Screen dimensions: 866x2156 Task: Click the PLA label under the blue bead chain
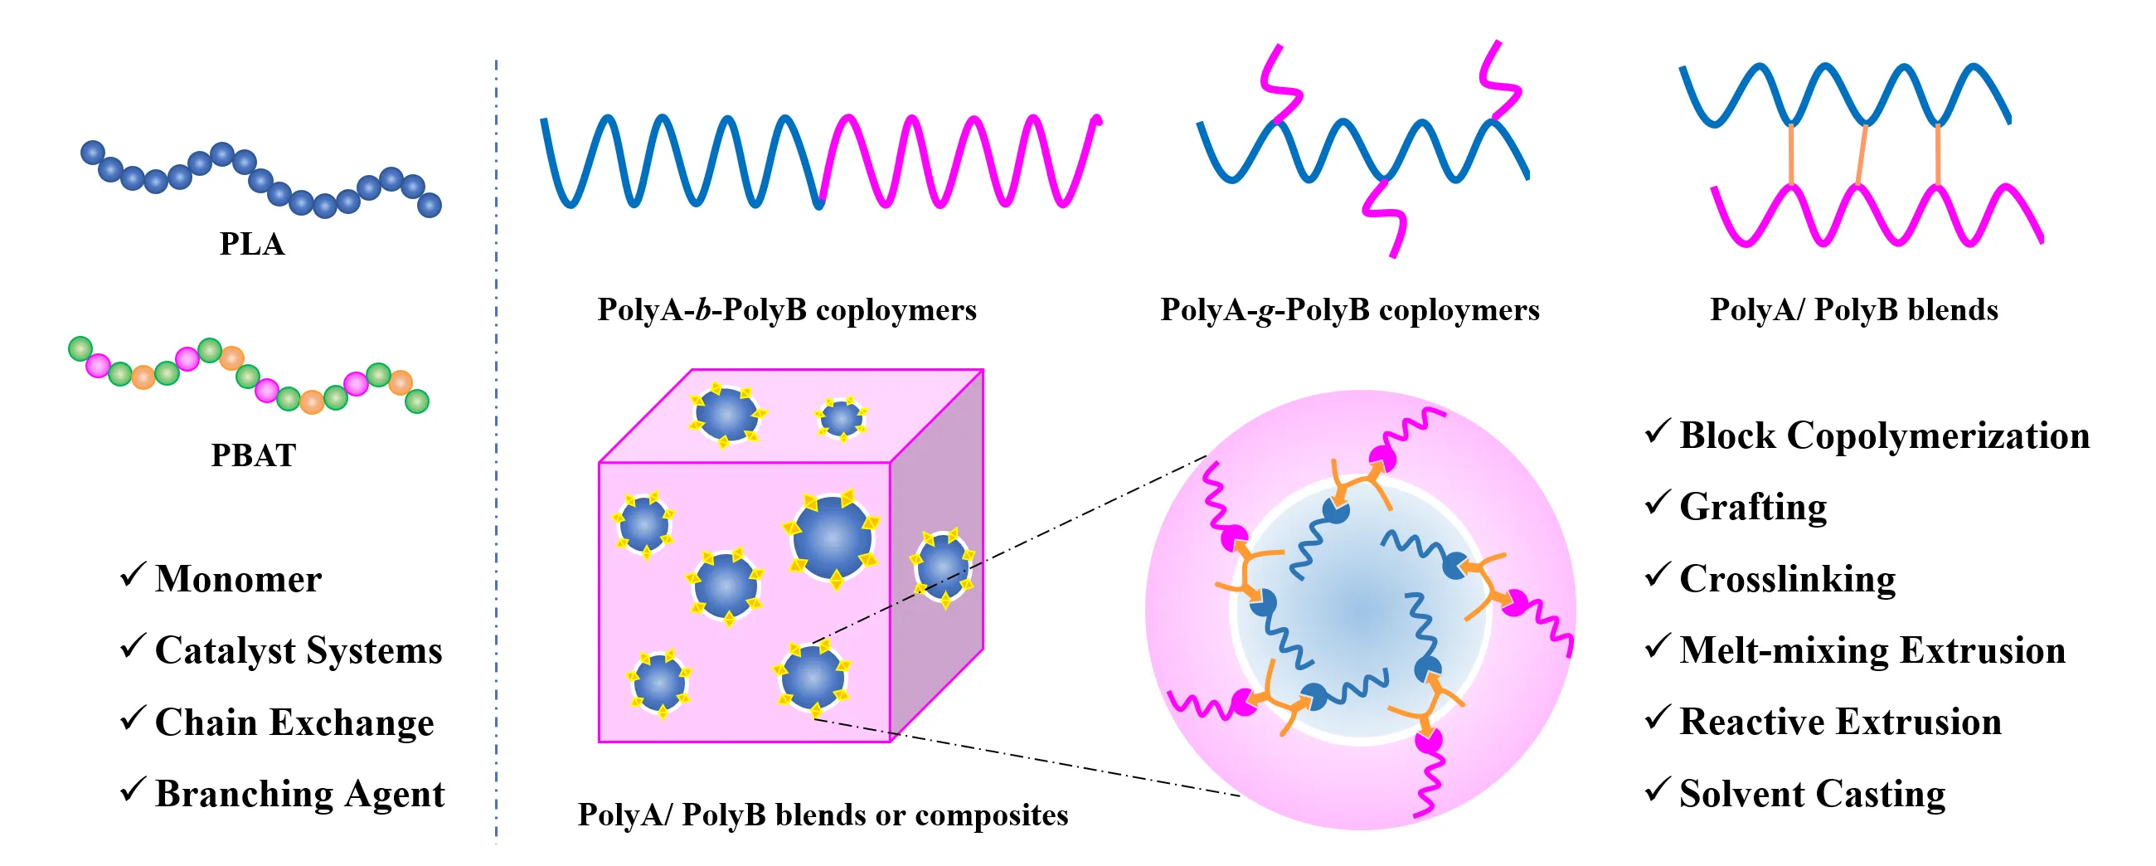pyautogui.click(x=252, y=244)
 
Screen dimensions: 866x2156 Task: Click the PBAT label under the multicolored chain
pyautogui.click(x=253, y=455)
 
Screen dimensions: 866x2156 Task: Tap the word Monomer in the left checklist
pyautogui.click(x=238, y=579)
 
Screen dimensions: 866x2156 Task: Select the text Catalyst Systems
pyautogui.click(x=298, y=651)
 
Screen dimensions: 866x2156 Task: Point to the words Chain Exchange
pyautogui.click(x=294, y=722)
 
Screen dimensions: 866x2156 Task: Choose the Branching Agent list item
pyautogui.click(x=299, y=794)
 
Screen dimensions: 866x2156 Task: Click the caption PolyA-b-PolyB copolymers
pyautogui.click(x=786, y=310)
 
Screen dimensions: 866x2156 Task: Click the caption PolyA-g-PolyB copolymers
pyautogui.click(x=1349, y=310)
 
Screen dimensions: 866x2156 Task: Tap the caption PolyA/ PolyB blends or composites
pyautogui.click(x=822, y=815)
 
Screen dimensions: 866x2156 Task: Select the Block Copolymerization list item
pyautogui.click(x=1884, y=435)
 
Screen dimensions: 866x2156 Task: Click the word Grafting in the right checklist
pyautogui.click(x=1753, y=508)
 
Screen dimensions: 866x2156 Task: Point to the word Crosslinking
pyautogui.click(x=1787, y=580)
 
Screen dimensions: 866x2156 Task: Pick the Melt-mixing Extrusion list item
pyautogui.click(x=1872, y=651)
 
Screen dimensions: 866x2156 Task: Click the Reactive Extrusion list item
pyautogui.click(x=1839, y=722)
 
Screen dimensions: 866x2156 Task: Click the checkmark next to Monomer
pyautogui.click(x=132, y=575)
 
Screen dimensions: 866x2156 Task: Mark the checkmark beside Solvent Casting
pyautogui.click(x=1657, y=789)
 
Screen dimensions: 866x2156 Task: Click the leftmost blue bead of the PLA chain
pyautogui.click(x=92, y=153)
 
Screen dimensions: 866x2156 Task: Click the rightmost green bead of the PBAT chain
pyautogui.click(x=417, y=401)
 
